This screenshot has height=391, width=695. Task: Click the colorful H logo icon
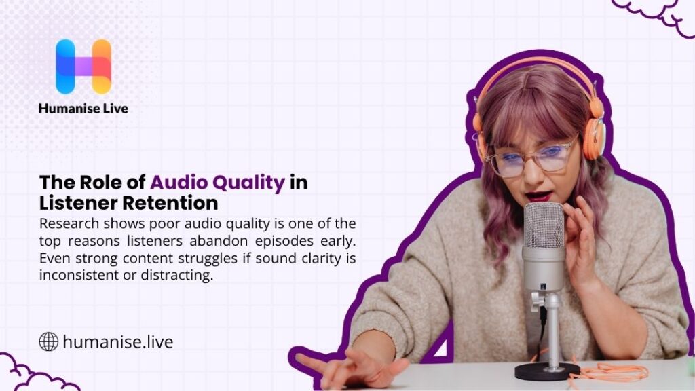83,66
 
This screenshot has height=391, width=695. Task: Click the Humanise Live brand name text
83,108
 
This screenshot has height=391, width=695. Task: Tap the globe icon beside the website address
48,341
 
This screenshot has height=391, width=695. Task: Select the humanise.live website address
117,341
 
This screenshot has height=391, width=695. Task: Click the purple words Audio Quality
217,183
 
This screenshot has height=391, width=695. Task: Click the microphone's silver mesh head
542,225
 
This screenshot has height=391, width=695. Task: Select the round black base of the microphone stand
546,370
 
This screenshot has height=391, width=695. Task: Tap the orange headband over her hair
529,68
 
